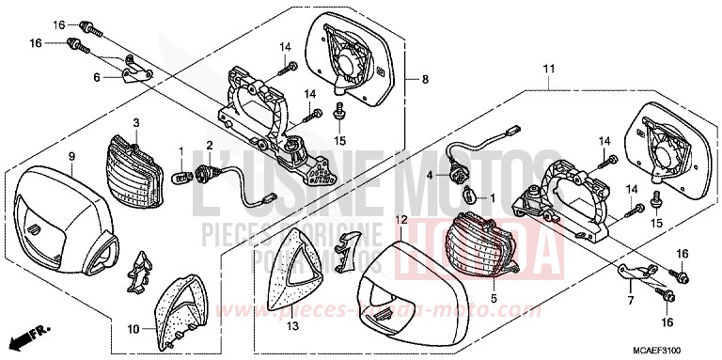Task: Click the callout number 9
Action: coord(71,154)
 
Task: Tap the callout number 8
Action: coord(424,78)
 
